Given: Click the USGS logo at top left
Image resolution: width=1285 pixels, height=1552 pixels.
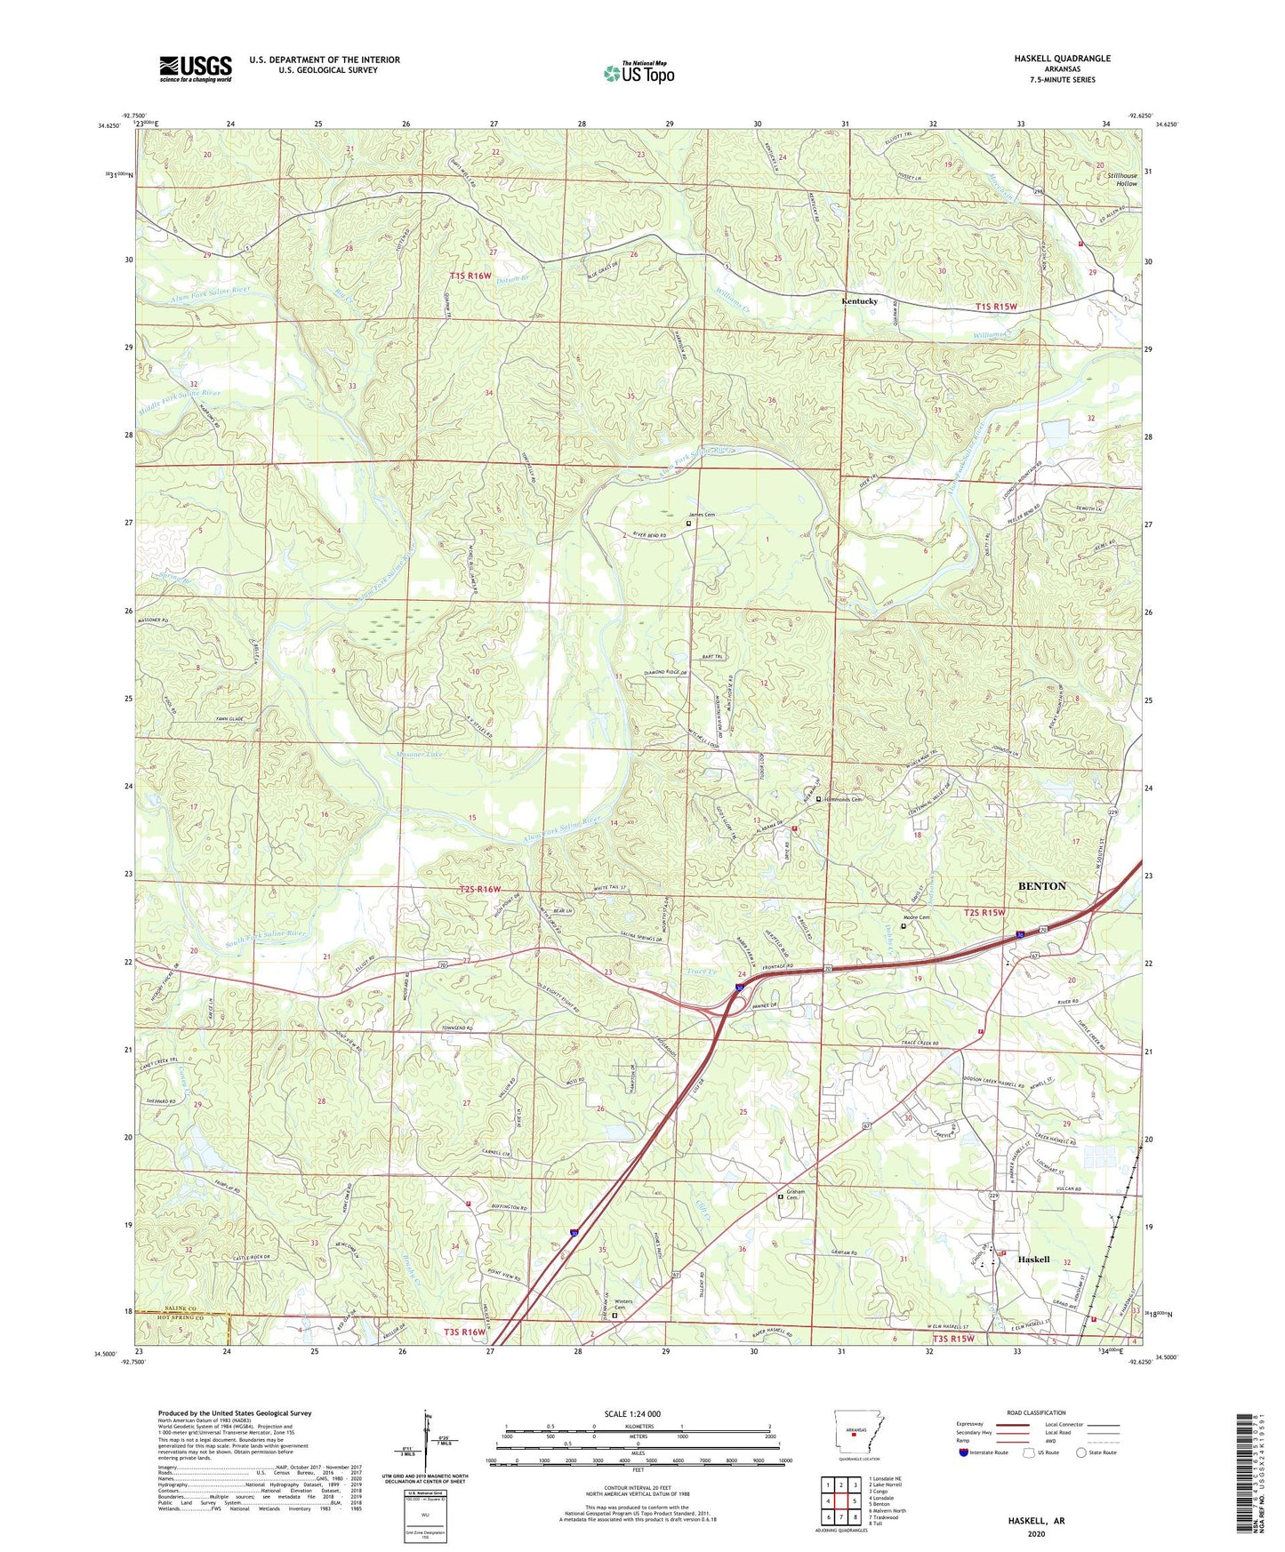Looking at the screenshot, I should click(x=196, y=68).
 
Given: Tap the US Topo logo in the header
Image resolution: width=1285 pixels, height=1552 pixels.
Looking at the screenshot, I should click(x=638, y=73).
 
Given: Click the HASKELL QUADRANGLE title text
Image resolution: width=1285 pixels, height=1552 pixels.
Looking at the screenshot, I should click(x=1062, y=59).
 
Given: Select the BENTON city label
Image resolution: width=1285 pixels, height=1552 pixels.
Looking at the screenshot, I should click(x=1041, y=886).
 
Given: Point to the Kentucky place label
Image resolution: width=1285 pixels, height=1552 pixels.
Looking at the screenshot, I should click(x=859, y=301).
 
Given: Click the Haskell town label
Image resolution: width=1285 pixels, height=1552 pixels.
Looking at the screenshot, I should click(x=1033, y=1259).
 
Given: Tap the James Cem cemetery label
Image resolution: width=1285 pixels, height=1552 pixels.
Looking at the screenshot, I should click(x=702, y=515).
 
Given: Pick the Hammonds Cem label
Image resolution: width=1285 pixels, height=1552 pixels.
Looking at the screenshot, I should click(x=844, y=799).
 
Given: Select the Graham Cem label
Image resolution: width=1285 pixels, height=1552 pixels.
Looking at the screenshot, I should click(x=794, y=1195).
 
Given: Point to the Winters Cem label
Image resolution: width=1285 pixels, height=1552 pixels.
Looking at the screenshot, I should click(x=623, y=1304).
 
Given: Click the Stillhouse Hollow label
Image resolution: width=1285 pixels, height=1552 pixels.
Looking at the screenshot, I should click(x=1122, y=180).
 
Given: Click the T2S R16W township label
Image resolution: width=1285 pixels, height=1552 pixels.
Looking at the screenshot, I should click(x=480, y=889).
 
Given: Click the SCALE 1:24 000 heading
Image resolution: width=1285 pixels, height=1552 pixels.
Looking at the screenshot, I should click(x=632, y=1413).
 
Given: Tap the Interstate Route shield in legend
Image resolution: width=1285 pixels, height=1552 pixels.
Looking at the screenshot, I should click(x=965, y=1453).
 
